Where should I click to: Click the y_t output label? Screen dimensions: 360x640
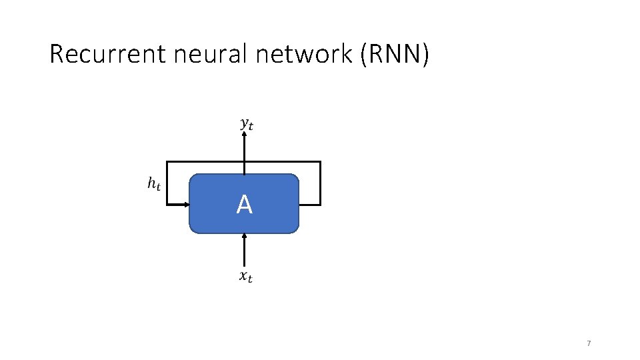(x=247, y=123)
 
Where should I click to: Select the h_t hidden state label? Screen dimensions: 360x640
(x=154, y=183)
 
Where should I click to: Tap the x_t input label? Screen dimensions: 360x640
(x=246, y=276)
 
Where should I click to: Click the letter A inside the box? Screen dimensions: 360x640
(x=244, y=205)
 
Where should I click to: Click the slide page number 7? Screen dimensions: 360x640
(x=589, y=343)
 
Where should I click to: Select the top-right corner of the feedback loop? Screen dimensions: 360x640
(x=320, y=162)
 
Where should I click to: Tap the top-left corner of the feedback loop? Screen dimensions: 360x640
(x=167, y=162)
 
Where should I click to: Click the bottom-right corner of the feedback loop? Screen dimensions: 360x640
(x=320, y=203)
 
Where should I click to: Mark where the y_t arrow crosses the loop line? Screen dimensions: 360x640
(x=245, y=162)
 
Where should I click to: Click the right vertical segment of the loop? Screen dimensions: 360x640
(x=320, y=183)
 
